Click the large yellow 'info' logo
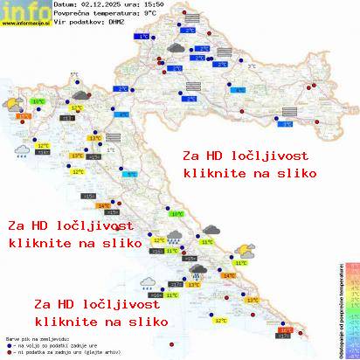click(x=24, y=10)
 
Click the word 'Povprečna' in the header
click(x=72, y=13)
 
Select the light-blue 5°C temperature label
click(x=131, y=175)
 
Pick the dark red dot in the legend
click(x=8, y=352)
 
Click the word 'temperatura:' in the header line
click(x=118, y=13)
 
